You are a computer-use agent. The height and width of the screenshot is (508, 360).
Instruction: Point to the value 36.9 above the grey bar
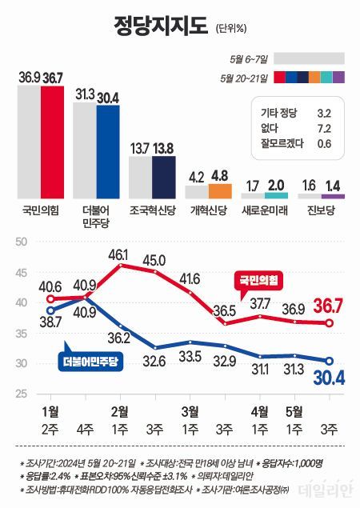click(29, 77)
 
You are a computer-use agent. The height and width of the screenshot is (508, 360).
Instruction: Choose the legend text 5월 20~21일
click(246, 78)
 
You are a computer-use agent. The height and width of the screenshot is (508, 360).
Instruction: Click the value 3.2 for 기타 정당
click(325, 114)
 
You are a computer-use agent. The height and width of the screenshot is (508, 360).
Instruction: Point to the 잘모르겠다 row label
click(282, 144)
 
